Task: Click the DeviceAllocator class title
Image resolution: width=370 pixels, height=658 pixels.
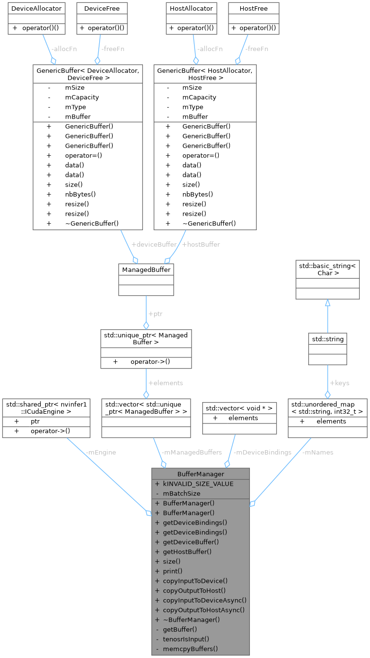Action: click(36, 8)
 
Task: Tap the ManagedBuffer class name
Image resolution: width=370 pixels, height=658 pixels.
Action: click(146, 269)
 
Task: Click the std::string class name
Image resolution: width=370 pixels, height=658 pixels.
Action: click(328, 339)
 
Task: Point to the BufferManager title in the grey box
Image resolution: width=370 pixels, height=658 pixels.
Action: click(201, 473)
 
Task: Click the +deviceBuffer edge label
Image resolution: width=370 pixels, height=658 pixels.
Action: click(154, 244)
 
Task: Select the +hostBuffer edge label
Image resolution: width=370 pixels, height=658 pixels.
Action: click(200, 244)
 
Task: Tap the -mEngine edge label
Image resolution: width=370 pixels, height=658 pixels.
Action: click(101, 452)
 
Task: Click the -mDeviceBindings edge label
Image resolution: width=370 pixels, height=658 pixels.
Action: click(263, 452)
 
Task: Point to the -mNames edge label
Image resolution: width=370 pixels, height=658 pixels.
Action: click(318, 452)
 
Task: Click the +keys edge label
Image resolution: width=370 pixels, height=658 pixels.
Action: click(339, 383)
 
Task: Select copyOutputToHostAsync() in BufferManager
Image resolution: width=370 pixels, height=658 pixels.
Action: click(204, 609)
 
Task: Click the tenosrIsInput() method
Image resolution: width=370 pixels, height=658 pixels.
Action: click(186, 639)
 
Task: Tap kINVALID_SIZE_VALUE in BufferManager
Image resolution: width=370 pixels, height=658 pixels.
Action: click(198, 483)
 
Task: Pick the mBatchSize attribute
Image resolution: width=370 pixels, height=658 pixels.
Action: click(182, 493)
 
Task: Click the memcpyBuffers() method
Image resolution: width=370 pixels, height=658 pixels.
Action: click(190, 648)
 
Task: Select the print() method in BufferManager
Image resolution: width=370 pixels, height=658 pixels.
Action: click(173, 571)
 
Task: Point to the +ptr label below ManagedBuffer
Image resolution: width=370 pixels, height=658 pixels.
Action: click(155, 314)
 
